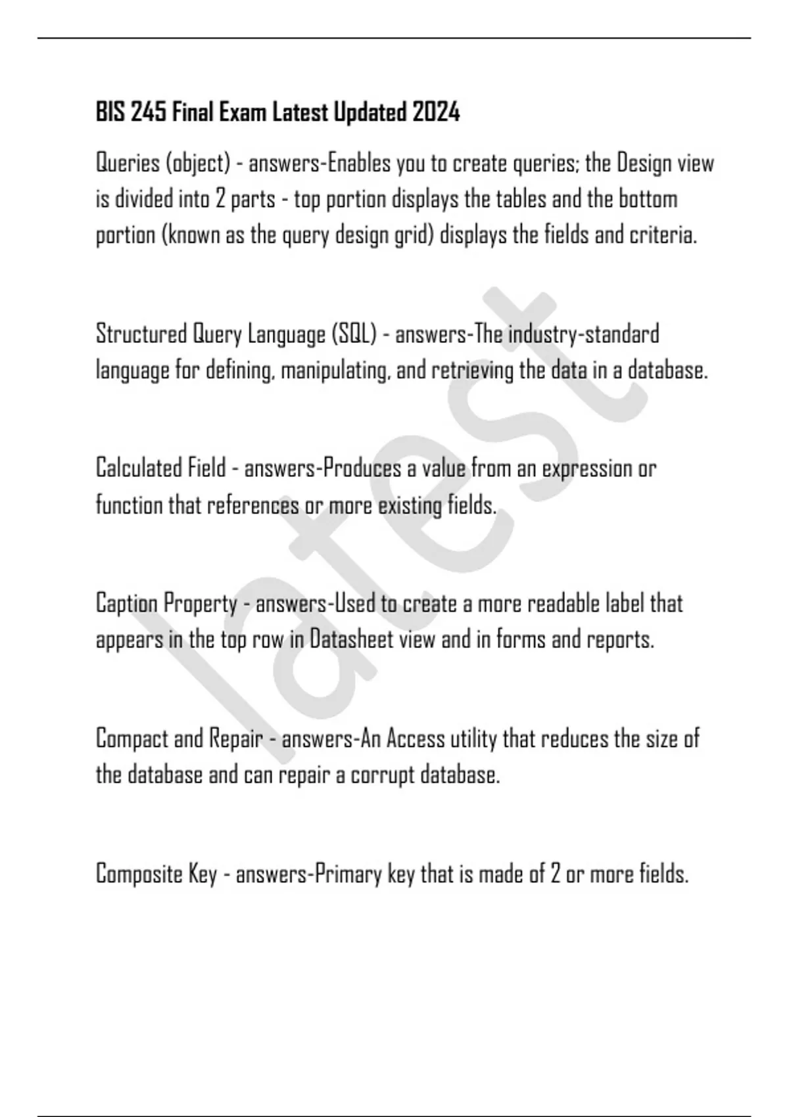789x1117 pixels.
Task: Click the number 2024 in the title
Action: tap(436, 113)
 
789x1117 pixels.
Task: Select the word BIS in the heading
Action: tap(110, 113)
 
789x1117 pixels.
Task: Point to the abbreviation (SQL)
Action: tap(354, 334)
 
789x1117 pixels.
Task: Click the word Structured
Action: tap(141, 334)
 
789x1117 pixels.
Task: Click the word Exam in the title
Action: tap(243, 113)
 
